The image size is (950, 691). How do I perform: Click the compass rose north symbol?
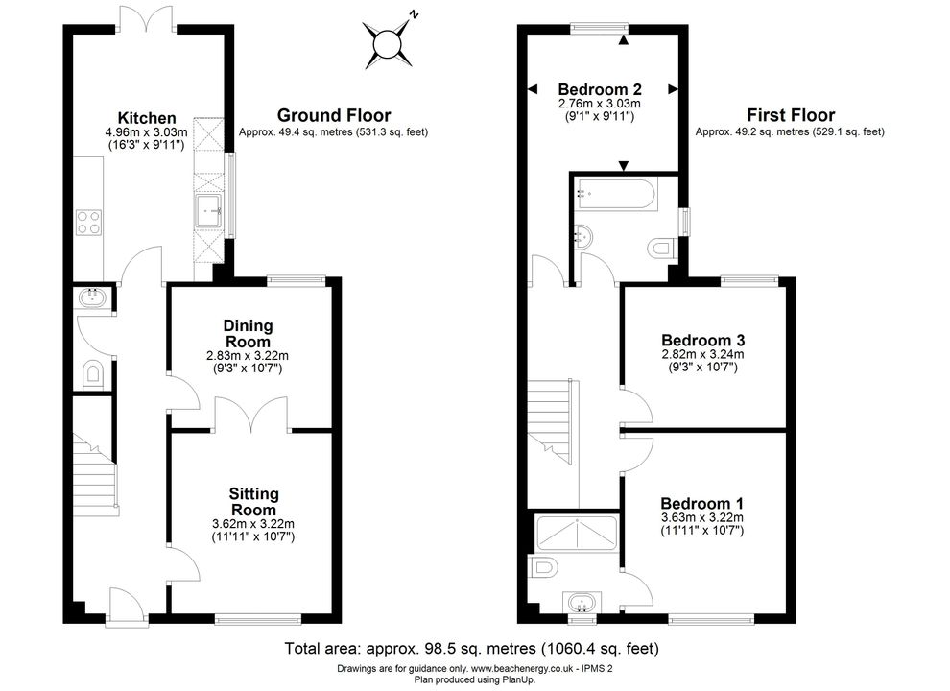point(388,43)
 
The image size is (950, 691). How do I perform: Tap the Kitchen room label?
point(147,118)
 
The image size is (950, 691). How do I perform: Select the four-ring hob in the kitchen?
point(88,223)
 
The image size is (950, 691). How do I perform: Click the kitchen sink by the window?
point(209,211)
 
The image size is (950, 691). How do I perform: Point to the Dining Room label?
point(249,333)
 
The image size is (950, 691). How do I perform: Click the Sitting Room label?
point(254,501)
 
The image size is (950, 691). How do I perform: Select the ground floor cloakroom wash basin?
point(92,297)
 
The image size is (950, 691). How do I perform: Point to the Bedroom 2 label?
point(600,89)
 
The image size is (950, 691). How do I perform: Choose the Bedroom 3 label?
point(702,340)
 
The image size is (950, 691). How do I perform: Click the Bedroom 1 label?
point(701,503)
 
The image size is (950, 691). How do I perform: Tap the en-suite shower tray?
point(577,533)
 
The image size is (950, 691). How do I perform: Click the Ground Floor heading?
point(334,115)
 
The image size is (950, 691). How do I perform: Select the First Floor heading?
point(791,115)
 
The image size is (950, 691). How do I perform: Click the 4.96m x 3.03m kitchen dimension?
point(146,132)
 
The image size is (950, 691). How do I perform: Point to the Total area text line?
point(472,649)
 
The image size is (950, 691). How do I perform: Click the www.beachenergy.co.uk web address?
point(522,669)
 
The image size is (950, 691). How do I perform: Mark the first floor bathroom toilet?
point(661,249)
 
